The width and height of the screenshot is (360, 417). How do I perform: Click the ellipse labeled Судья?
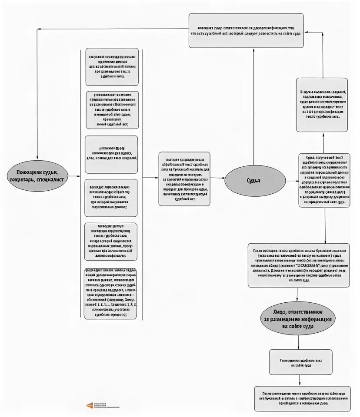(x=255, y=181)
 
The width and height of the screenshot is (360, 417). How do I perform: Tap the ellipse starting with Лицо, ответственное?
(x=298, y=318)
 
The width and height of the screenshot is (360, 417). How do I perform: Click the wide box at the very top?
(x=246, y=30)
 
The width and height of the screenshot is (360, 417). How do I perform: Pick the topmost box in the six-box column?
(x=112, y=66)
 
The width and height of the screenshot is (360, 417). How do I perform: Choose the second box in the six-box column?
(x=112, y=109)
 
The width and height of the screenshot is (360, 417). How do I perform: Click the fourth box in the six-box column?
(x=111, y=198)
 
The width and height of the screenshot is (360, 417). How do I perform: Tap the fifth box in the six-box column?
(x=111, y=242)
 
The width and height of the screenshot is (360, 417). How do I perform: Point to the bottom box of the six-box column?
(x=110, y=294)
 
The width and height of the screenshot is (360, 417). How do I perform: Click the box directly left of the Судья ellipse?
(x=184, y=179)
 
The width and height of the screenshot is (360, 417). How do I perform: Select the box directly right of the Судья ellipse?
(x=324, y=180)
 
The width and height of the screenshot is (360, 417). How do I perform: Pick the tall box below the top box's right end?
(x=322, y=105)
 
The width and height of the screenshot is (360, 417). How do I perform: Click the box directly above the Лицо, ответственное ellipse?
(x=298, y=265)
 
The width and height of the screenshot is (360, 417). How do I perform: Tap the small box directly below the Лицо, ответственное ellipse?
(x=300, y=362)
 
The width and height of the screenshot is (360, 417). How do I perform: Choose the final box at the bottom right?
(x=302, y=398)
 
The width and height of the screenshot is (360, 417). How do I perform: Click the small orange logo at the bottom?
(x=90, y=405)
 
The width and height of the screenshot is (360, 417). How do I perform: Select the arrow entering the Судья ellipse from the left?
(x=217, y=178)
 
